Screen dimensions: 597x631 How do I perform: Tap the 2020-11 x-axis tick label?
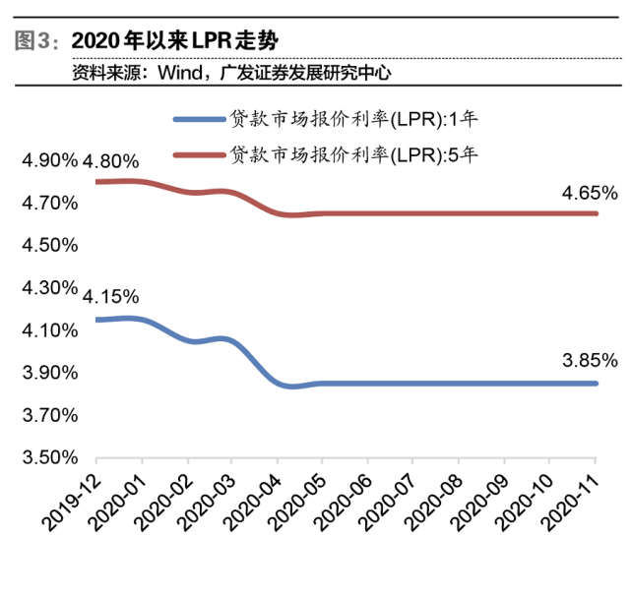pyautogui.click(x=572, y=495)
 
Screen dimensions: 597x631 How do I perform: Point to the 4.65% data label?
pyautogui.click(x=590, y=193)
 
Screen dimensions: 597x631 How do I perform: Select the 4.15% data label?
pyautogui.click(x=111, y=296)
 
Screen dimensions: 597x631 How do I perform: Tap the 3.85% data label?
pyautogui.click(x=590, y=360)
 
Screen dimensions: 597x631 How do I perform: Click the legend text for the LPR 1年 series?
pyautogui.click(x=353, y=120)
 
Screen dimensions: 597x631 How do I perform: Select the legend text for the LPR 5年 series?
pyautogui.click(x=353, y=154)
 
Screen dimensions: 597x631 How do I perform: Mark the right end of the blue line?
pyautogui.click(x=596, y=384)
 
